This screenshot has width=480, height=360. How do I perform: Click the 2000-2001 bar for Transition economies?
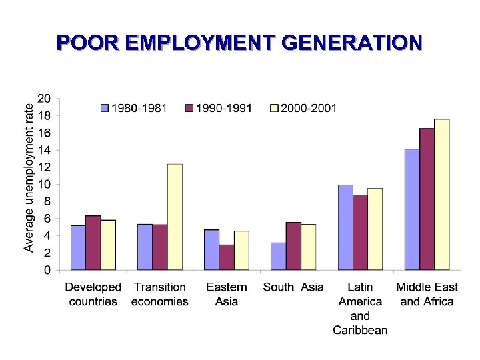175,217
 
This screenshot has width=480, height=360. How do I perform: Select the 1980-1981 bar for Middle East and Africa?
412,209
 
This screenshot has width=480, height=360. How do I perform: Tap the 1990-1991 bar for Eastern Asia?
227,257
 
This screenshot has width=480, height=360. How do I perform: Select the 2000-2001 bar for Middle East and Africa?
442,194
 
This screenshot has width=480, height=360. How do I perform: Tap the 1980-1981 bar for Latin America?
345,227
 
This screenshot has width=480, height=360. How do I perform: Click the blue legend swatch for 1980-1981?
105,107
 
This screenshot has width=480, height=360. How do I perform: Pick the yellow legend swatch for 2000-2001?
274,107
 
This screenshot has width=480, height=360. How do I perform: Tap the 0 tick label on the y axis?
47,270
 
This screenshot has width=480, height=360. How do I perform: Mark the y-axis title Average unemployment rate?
29,177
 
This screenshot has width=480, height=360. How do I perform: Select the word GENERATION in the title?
352,43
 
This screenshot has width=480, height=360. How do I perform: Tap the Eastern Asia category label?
227,294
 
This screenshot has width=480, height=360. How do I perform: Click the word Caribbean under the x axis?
360,330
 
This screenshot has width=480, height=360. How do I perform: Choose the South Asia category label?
293,287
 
